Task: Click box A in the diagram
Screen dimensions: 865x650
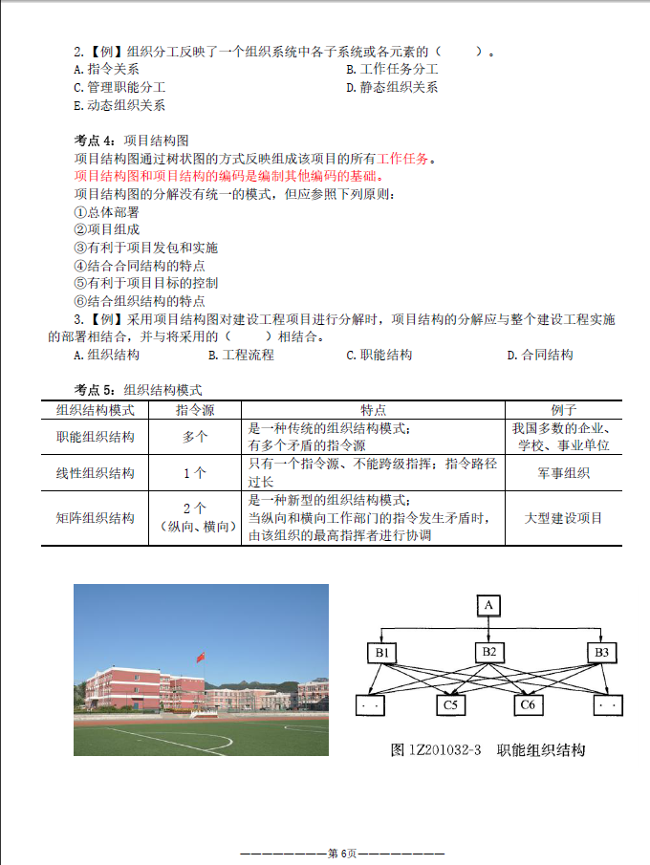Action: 488,605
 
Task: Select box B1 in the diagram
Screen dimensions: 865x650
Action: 383,653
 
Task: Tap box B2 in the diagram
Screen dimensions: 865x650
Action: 488,653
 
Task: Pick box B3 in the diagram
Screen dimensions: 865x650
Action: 601,653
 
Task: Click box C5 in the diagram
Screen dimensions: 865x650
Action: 452,705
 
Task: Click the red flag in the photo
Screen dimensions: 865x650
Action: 201,657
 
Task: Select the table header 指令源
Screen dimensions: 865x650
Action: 194,410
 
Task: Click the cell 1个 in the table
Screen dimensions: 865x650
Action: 194,472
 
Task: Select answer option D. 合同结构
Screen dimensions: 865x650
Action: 540,355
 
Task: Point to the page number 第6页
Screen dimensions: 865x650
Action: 342,853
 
